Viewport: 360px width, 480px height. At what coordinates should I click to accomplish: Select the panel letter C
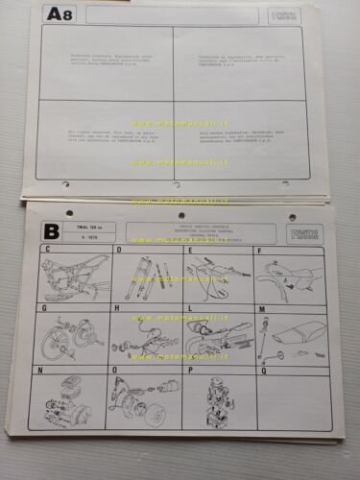[41, 250]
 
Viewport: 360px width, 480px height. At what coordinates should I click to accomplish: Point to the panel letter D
[119, 250]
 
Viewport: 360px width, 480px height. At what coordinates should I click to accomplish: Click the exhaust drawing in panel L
[217, 336]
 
